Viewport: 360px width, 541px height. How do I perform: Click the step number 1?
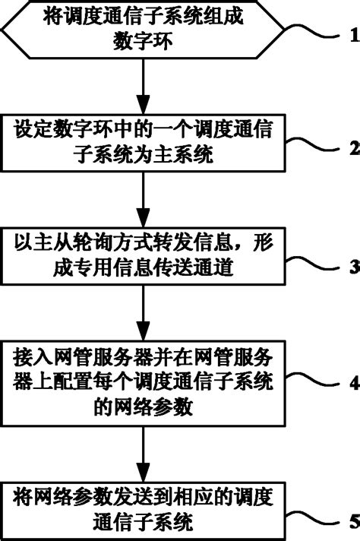[353, 34]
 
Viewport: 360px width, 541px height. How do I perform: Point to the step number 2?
[353, 148]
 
